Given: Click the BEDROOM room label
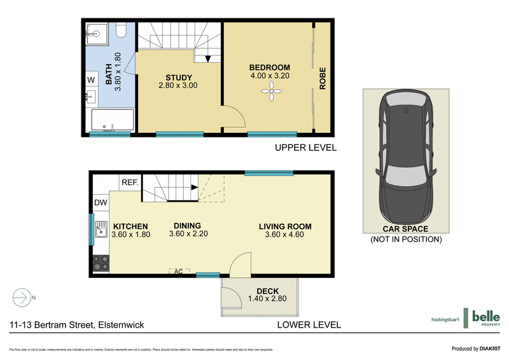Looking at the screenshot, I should tap(269, 68).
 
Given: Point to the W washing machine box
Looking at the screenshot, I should tap(91, 80).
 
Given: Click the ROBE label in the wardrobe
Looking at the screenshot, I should tap(323, 78).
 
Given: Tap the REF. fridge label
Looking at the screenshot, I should tap(130, 183).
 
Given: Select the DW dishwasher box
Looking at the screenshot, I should tap(100, 203).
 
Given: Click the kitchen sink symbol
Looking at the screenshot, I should tap(101, 232).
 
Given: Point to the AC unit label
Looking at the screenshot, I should tap(179, 272).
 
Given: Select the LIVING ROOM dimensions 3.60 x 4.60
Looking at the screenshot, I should tap(284, 234).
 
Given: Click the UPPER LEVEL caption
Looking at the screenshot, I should tap(305, 148).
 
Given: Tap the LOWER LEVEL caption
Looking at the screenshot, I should tap(309, 324).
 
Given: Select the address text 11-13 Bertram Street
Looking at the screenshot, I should tap(76, 325).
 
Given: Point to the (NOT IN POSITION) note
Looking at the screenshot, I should tap(405, 240).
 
